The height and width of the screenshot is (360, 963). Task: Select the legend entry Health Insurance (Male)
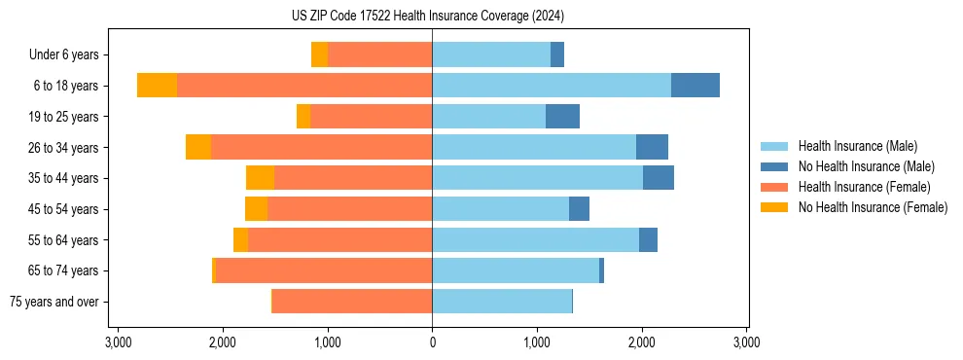857,146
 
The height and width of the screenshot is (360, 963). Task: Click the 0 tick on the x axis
432,343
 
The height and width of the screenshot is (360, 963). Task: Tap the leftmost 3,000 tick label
118,343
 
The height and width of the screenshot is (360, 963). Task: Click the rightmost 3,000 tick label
746,343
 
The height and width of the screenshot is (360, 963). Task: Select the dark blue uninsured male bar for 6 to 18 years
695,86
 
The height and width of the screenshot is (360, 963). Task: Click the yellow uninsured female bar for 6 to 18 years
157,86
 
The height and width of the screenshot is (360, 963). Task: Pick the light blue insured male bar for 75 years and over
502,302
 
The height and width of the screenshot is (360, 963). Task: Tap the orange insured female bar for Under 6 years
379,55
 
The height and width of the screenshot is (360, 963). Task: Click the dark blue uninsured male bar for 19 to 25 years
562,117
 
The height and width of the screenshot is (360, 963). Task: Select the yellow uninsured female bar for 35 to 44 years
260,178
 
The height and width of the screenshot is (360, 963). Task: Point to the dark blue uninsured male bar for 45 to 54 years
579,209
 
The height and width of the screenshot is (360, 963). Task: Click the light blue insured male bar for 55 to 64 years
535,240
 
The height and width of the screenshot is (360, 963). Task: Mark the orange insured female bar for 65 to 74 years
324,270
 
